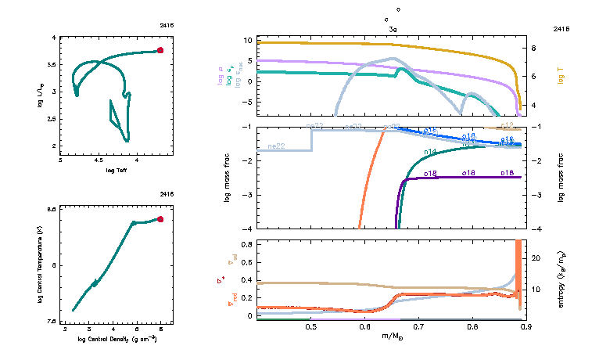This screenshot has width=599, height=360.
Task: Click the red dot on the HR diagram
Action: (x=160, y=50)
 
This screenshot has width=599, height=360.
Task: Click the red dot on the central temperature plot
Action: (x=160, y=219)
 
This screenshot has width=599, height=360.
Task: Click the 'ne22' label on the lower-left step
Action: (x=275, y=146)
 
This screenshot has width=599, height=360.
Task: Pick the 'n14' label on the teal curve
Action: (x=429, y=151)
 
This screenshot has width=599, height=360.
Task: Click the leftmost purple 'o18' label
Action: (x=429, y=173)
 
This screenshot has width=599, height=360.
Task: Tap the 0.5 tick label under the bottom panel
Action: (x=311, y=326)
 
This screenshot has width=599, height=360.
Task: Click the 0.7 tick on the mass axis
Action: (x=418, y=326)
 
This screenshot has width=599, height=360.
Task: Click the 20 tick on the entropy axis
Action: (x=537, y=257)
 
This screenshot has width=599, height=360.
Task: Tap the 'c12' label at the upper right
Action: (x=508, y=125)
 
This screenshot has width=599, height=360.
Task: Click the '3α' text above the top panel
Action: (x=393, y=28)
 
